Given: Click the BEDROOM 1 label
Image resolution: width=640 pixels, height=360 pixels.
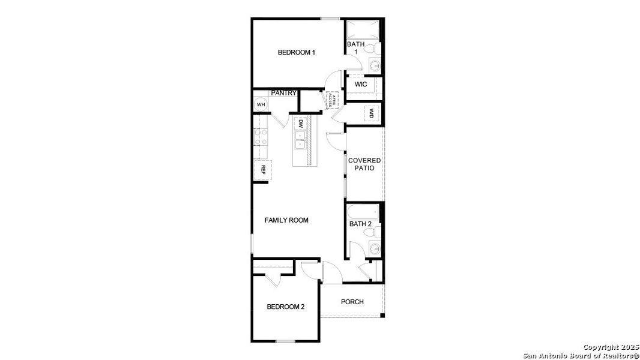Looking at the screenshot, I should point(297,52).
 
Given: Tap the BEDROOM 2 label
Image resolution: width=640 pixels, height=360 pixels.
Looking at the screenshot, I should point(286,307).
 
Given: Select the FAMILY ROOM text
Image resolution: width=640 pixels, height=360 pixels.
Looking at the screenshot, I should point(286,220).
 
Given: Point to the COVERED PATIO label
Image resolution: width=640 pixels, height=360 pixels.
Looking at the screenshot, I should point(365,164).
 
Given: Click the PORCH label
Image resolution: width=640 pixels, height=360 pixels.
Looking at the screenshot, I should point(352,302).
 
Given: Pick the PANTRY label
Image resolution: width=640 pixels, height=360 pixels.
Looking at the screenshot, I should point(283,93).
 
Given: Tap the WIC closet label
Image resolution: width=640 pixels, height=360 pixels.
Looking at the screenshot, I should point(361,85).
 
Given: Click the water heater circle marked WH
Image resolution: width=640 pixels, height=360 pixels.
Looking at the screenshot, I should point(261,105).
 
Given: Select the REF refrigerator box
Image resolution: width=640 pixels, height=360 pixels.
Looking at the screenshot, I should point(262,170).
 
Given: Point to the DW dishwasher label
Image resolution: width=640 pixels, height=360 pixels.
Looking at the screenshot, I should point(300,124).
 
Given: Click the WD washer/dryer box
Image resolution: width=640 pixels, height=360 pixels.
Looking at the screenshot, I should point(372,113).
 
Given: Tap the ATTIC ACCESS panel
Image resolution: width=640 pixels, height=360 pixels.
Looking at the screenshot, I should point(330,100).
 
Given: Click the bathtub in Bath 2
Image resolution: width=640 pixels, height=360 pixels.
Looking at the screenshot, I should point(363,211).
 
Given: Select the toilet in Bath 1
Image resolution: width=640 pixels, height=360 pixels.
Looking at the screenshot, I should point(372,47).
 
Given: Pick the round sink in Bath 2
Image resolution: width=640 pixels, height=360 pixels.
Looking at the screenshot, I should point(375,248).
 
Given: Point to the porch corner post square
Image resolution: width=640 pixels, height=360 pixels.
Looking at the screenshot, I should point(382,314).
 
